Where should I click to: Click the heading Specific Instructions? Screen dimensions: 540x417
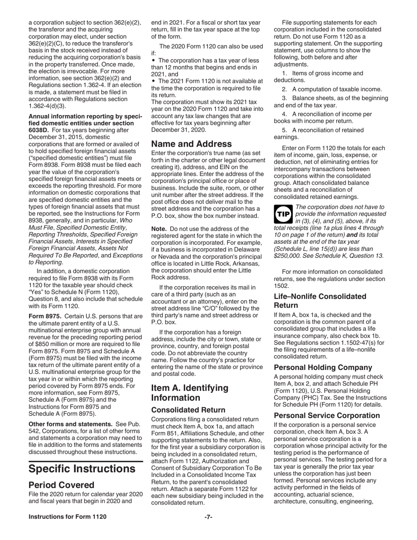(82, 469)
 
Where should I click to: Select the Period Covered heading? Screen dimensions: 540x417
(61, 485)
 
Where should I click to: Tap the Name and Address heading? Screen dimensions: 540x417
(191, 144)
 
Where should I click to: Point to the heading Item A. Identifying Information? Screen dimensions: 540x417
(190, 393)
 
